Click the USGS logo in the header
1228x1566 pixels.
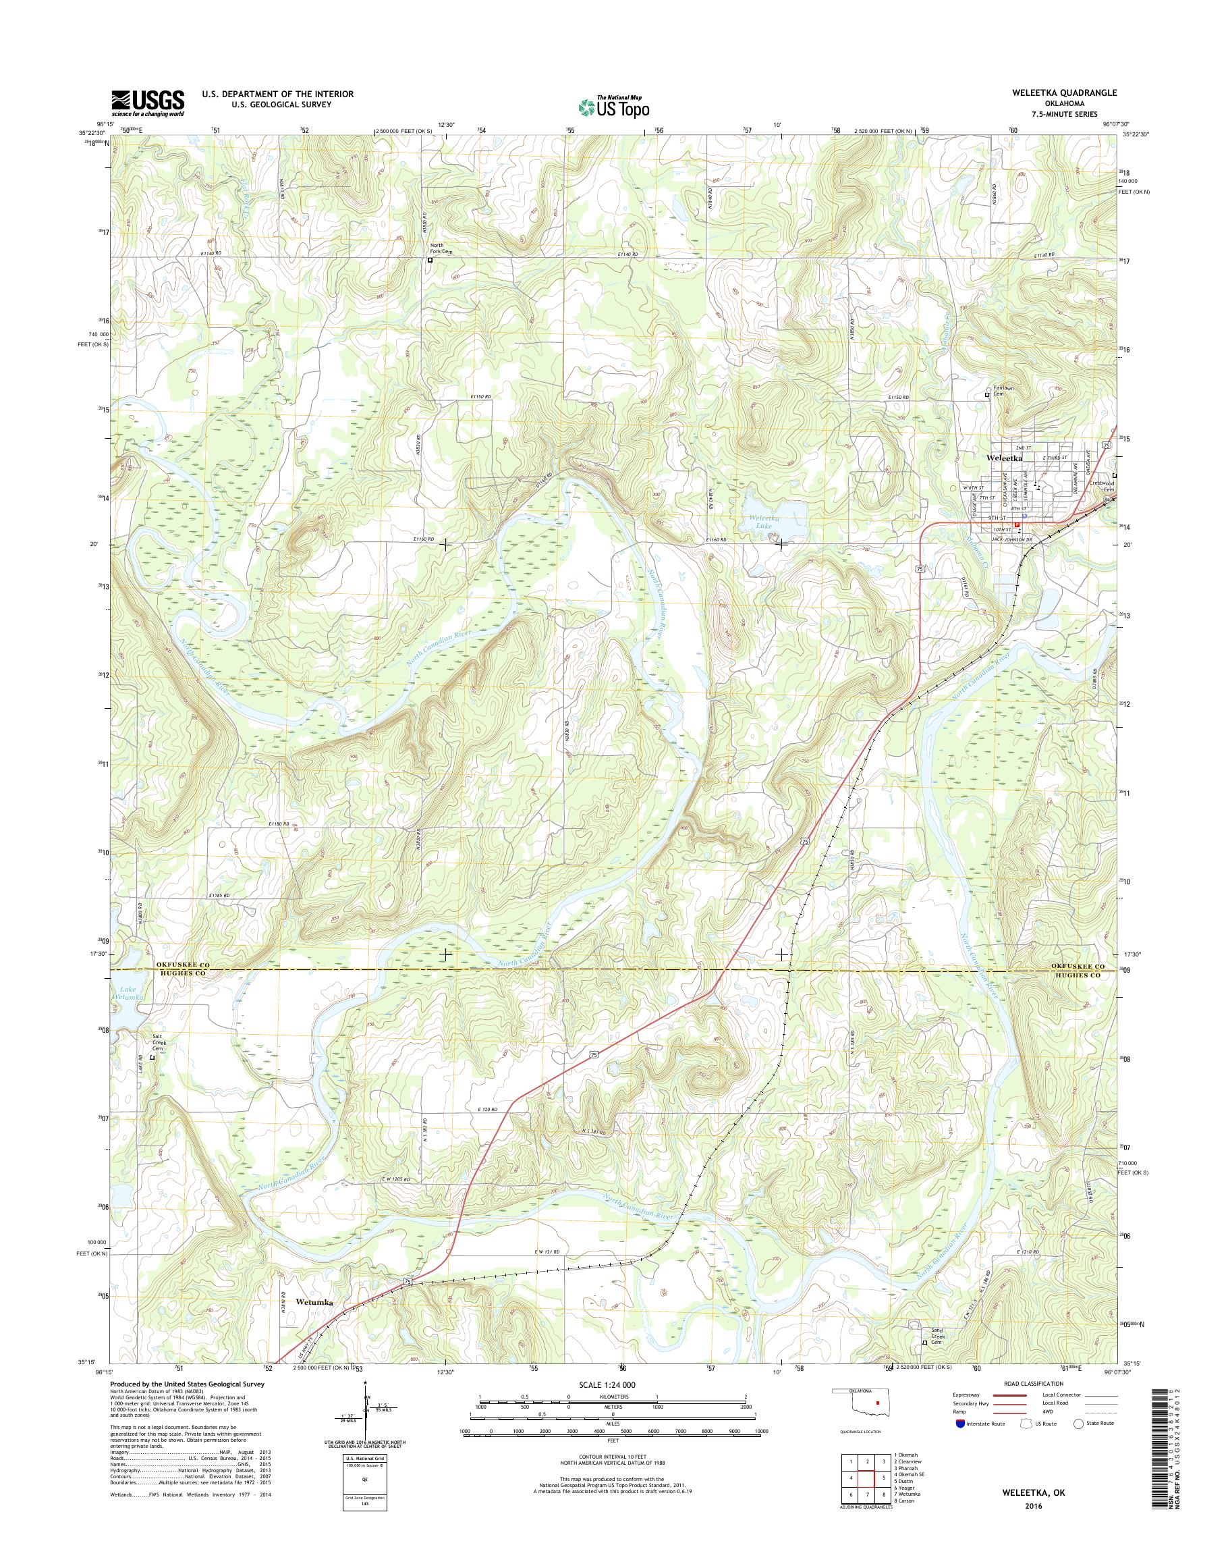147,103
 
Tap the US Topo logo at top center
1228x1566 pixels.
613,107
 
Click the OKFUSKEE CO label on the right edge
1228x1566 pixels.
1076,966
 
